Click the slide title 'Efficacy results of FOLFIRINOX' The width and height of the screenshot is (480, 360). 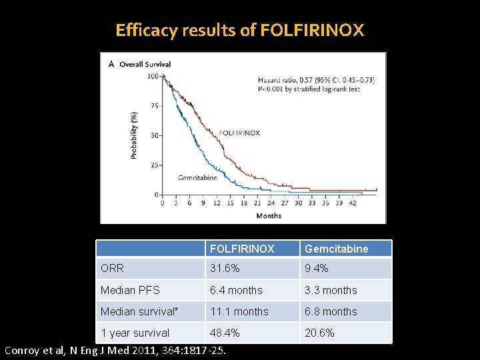tap(240, 31)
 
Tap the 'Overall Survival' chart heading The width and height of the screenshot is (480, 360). tap(145, 65)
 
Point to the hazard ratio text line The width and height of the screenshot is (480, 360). tap(316, 81)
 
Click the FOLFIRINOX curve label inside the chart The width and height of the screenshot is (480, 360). tap(239, 133)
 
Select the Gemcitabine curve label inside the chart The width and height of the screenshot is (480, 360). tap(197, 178)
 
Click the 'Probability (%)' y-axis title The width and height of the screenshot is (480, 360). tap(134, 134)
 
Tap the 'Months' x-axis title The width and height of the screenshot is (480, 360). tap(269, 216)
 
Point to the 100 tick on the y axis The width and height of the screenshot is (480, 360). tap(153, 76)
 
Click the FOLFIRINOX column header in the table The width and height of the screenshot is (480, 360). tap(242, 249)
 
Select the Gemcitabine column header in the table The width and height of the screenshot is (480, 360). tap(336, 249)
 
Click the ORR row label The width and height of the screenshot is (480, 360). tap(112, 269)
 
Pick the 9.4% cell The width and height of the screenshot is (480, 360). tap(316, 269)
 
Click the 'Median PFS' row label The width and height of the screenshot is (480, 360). tap(130, 290)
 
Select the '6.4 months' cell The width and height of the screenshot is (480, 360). tap(236, 290)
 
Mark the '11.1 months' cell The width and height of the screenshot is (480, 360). tap(239, 311)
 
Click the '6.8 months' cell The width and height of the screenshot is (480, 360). tap(331, 311)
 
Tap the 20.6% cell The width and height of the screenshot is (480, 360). tap(319, 333)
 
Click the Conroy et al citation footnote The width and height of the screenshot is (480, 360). tap(115, 351)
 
